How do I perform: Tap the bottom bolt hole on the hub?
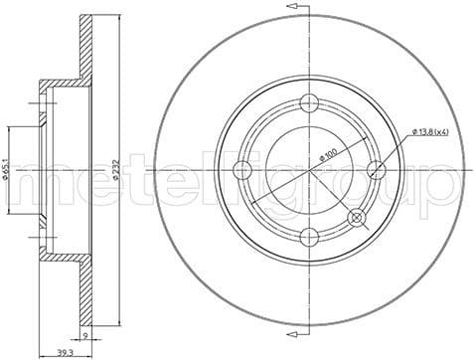point(309,236)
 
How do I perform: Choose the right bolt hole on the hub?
point(376,170)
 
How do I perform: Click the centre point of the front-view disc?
point(309,170)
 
